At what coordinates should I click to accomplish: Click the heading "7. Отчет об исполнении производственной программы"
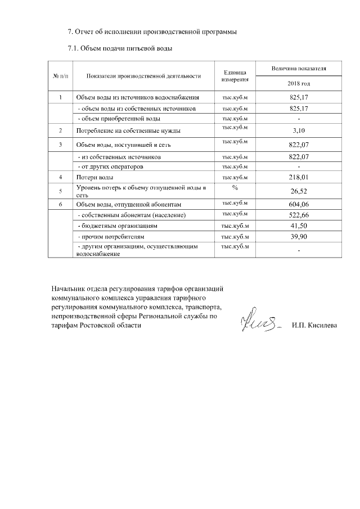pos(152,31)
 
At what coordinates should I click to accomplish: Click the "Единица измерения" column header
pos(235,76)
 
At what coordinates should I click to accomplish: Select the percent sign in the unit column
pos(235,187)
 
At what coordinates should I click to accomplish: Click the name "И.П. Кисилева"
pos(314,326)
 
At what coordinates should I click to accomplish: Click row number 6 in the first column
pos(60,204)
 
